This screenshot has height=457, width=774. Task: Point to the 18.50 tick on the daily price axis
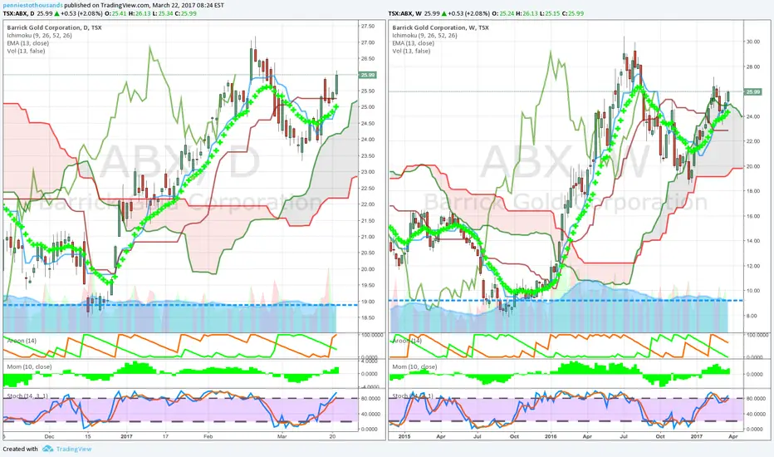coord(367,317)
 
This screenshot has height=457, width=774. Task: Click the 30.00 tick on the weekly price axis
coord(753,42)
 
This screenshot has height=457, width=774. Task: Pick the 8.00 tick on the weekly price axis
coord(752,316)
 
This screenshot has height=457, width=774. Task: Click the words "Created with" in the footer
coord(21,450)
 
